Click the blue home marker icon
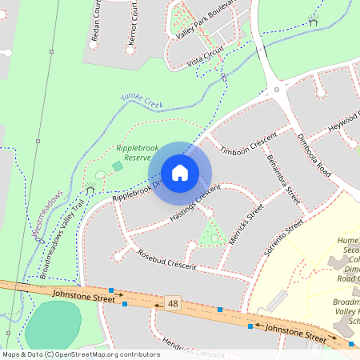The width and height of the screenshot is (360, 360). (x=180, y=173)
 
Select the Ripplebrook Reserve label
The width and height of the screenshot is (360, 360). (x=134, y=153)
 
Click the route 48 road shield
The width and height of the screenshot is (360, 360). (x=172, y=303)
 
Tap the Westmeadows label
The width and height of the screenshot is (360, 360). (x=47, y=216)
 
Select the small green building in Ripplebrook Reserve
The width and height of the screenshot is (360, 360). (x=118, y=166)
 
